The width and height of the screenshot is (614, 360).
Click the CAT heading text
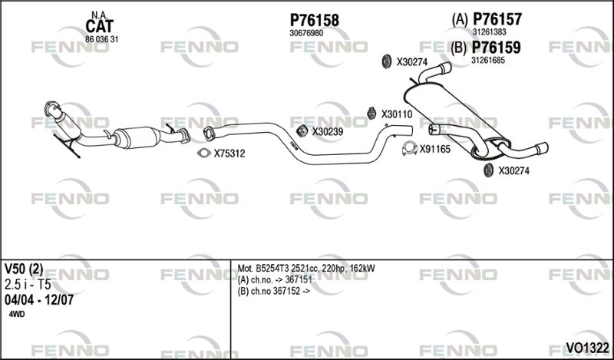(x=100, y=26)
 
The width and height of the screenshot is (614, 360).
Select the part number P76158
(x=315, y=21)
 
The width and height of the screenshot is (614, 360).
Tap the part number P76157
(x=497, y=18)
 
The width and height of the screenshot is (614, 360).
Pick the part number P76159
(x=496, y=48)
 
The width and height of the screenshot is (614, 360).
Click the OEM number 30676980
(x=306, y=34)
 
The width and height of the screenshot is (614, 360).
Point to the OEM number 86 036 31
(x=102, y=40)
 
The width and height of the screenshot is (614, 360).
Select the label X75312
(x=229, y=154)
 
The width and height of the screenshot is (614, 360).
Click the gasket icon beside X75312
(x=204, y=154)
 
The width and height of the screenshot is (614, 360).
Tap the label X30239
(x=328, y=132)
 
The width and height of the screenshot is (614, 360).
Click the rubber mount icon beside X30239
(x=302, y=131)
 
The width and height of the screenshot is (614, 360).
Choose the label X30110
(x=397, y=114)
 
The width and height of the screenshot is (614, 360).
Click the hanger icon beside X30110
(x=371, y=113)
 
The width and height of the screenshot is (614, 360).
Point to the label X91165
(x=435, y=149)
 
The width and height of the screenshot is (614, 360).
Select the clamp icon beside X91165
(x=410, y=148)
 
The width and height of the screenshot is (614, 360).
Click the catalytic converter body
(x=137, y=137)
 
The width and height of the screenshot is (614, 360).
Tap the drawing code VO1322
(x=587, y=348)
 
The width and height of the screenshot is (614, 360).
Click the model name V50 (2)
(x=24, y=269)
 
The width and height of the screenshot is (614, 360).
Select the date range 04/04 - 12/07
(x=39, y=300)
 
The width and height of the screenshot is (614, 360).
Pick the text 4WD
(x=16, y=315)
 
